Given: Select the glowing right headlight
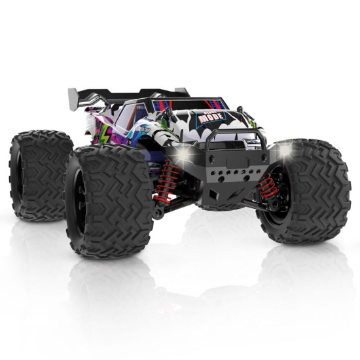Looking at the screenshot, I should pos(285,151).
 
